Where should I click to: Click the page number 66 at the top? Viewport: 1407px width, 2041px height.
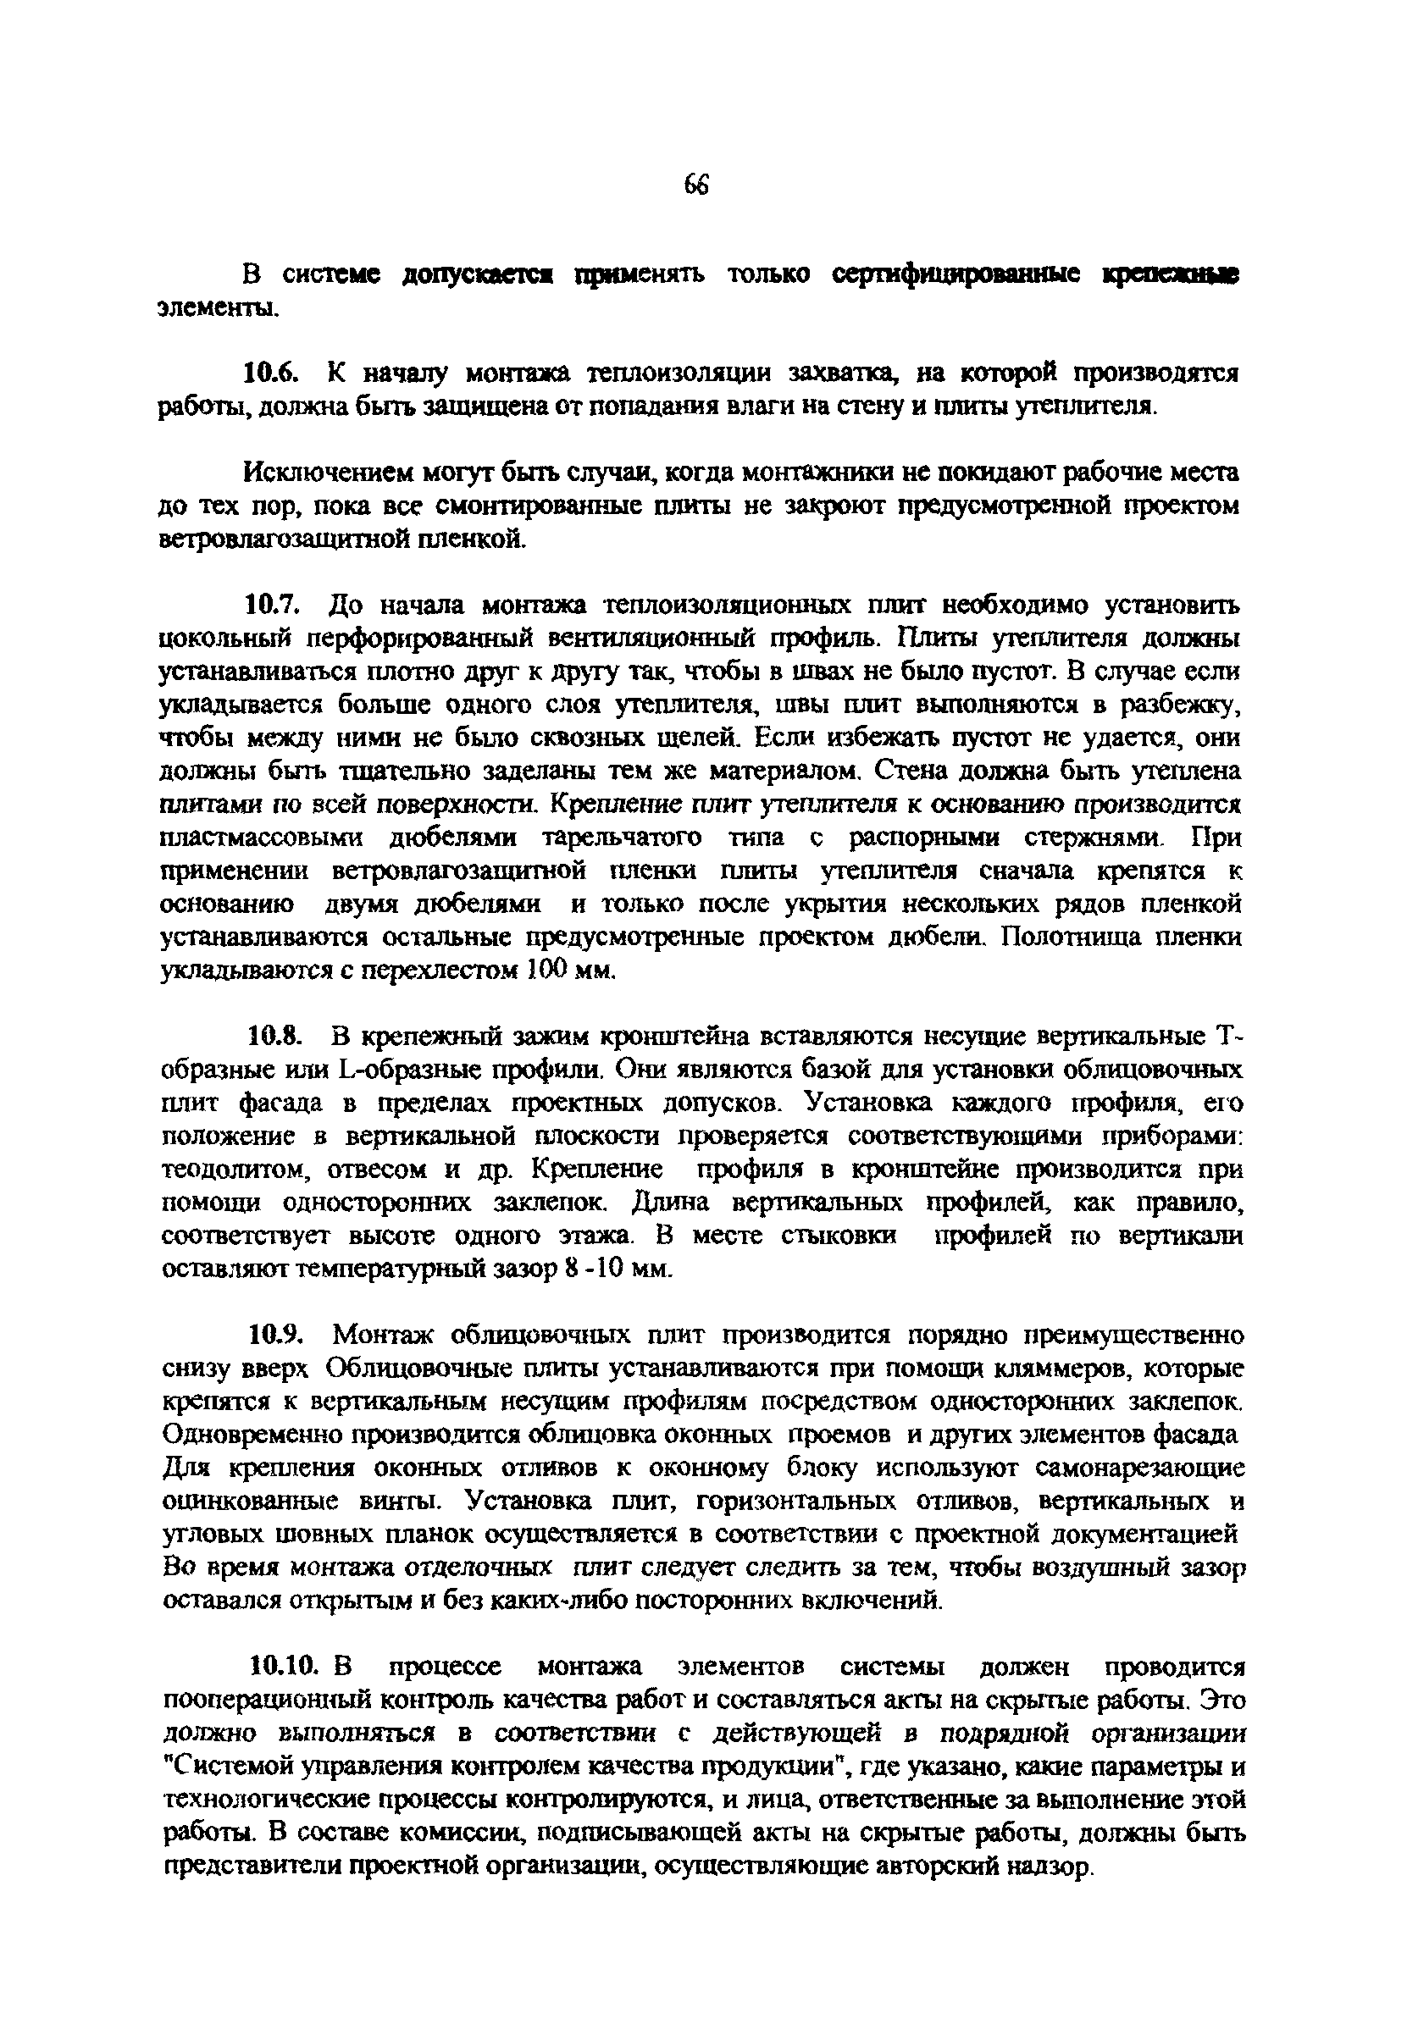[695, 186]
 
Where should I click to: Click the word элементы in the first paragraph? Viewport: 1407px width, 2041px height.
[215, 309]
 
